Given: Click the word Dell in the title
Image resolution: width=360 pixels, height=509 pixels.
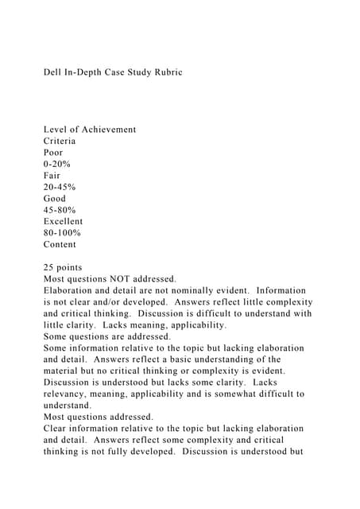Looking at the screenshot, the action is [52, 72].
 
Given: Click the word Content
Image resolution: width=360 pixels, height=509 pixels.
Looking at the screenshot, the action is [60, 244].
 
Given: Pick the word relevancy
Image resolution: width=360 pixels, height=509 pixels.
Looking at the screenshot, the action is [67, 394].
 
